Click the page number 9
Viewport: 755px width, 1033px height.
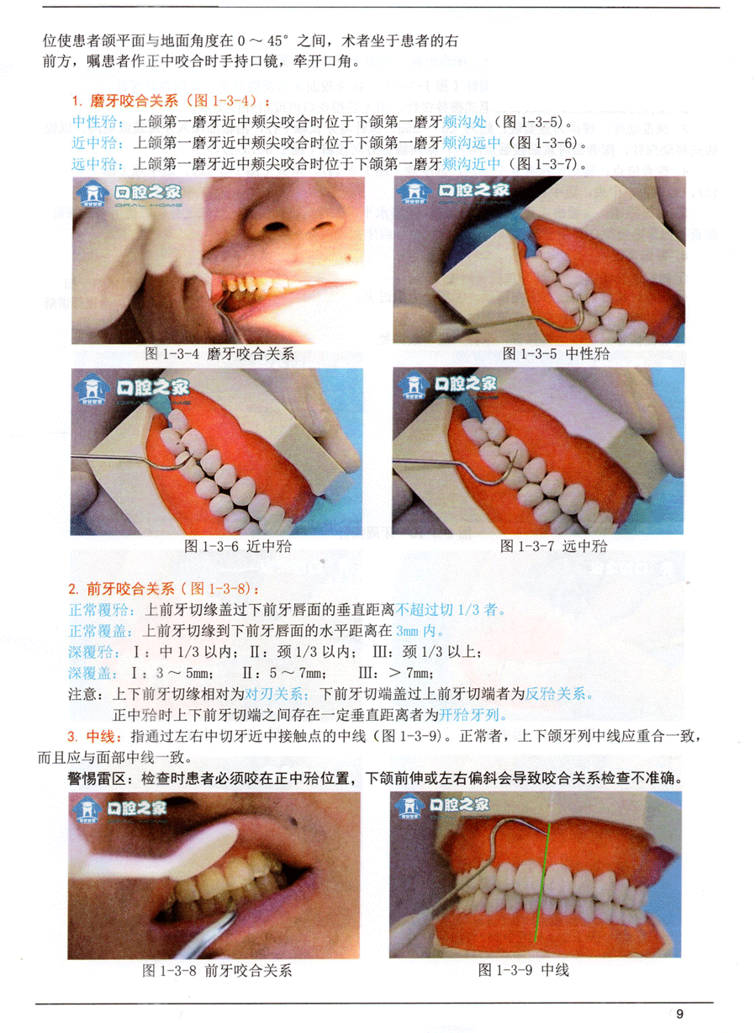[x=679, y=1014]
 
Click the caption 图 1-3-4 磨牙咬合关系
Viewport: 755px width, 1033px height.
[x=219, y=353]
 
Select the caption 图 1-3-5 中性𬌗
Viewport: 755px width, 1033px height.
[x=556, y=353]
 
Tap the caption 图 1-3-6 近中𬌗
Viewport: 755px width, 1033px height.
[x=238, y=546]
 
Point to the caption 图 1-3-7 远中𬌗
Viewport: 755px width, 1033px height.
[x=554, y=546]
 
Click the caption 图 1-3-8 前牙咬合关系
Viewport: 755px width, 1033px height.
[x=217, y=971]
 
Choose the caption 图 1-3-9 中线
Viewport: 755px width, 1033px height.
[x=524, y=970]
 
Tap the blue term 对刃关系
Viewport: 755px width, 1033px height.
[x=274, y=694]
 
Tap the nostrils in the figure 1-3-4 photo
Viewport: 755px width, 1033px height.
[x=298, y=226]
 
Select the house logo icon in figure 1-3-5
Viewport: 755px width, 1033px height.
[x=414, y=192]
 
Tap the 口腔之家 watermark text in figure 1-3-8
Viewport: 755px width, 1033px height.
[x=136, y=808]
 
